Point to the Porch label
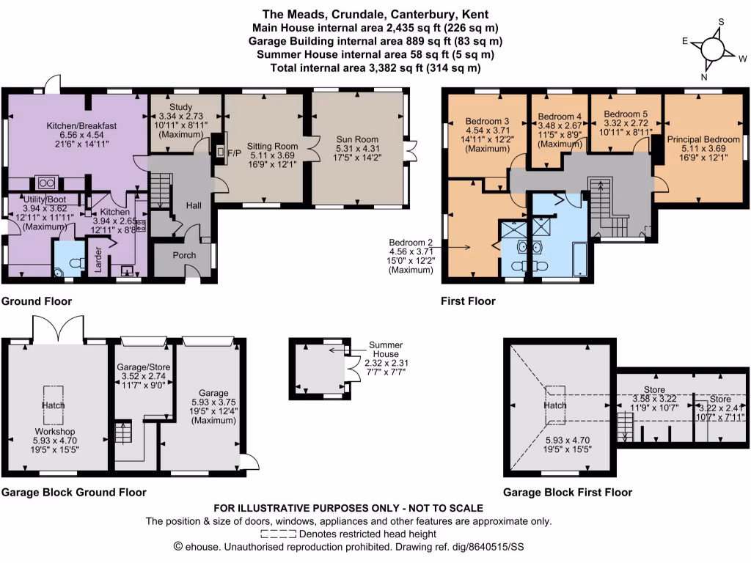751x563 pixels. point(184,256)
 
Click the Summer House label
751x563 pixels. point(386,349)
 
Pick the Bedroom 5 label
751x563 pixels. point(625,114)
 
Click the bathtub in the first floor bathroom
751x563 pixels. point(579,260)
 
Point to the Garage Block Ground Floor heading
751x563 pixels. point(73,492)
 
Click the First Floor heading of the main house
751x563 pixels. point(468,301)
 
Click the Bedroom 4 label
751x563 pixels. point(559,117)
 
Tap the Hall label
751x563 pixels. point(194,207)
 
